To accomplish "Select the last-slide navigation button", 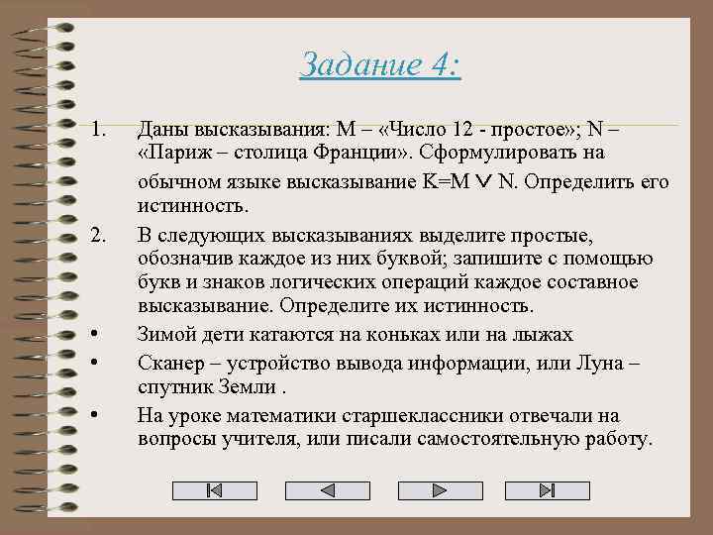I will (x=548, y=490).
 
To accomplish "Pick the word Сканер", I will (x=168, y=363).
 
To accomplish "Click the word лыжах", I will (x=541, y=336).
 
